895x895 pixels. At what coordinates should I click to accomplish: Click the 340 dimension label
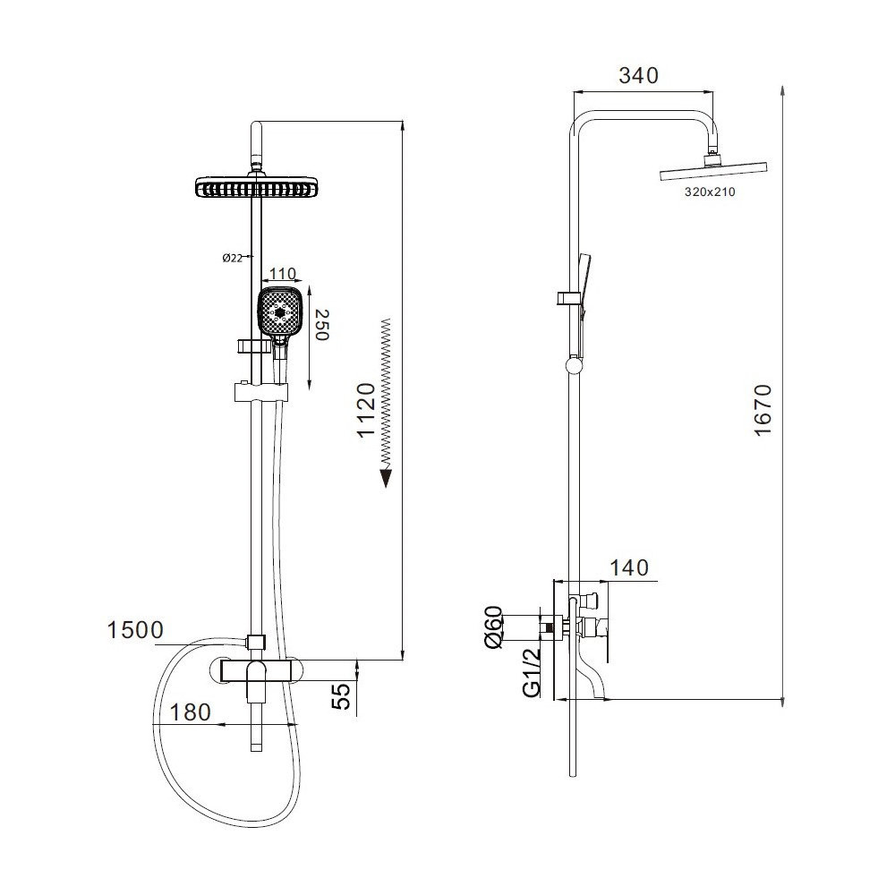click(638, 75)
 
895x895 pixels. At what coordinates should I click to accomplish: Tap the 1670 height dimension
click(763, 411)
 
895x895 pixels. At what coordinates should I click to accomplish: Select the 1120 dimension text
click(366, 411)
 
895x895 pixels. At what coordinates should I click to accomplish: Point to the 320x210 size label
click(710, 192)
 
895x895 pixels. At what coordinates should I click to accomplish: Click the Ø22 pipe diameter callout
click(233, 258)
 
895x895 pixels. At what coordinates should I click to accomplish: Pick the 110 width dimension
click(282, 273)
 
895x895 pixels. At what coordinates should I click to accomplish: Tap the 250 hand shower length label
click(322, 326)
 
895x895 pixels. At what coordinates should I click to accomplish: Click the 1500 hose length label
click(135, 630)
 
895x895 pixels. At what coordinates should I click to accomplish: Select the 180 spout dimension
click(190, 712)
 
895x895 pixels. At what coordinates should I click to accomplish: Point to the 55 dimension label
click(341, 695)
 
